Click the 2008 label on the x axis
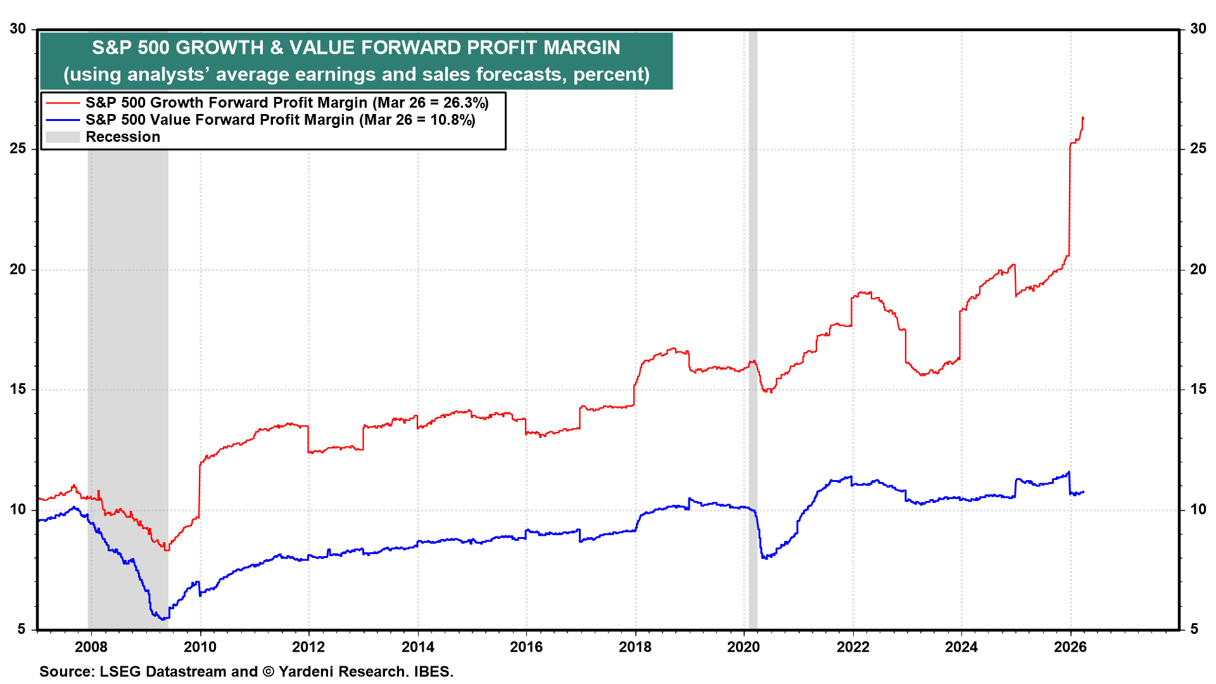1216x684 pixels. coord(91,647)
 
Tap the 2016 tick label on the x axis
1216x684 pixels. coord(526,647)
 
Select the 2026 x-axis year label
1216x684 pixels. coord(1070,647)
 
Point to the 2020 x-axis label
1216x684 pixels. coord(744,647)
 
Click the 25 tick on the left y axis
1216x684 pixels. coord(18,149)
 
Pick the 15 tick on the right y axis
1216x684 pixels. coord(1198,389)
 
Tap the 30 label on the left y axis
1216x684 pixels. coord(18,29)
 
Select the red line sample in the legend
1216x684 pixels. coord(63,103)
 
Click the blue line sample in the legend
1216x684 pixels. coord(63,120)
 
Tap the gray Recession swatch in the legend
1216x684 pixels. coord(63,137)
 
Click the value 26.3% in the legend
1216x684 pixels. coord(465,103)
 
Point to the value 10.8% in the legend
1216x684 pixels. coord(452,120)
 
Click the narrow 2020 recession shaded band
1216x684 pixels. coord(752,317)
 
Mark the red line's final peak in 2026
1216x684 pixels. coord(1083,118)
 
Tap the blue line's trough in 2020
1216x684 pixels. coord(764,558)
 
